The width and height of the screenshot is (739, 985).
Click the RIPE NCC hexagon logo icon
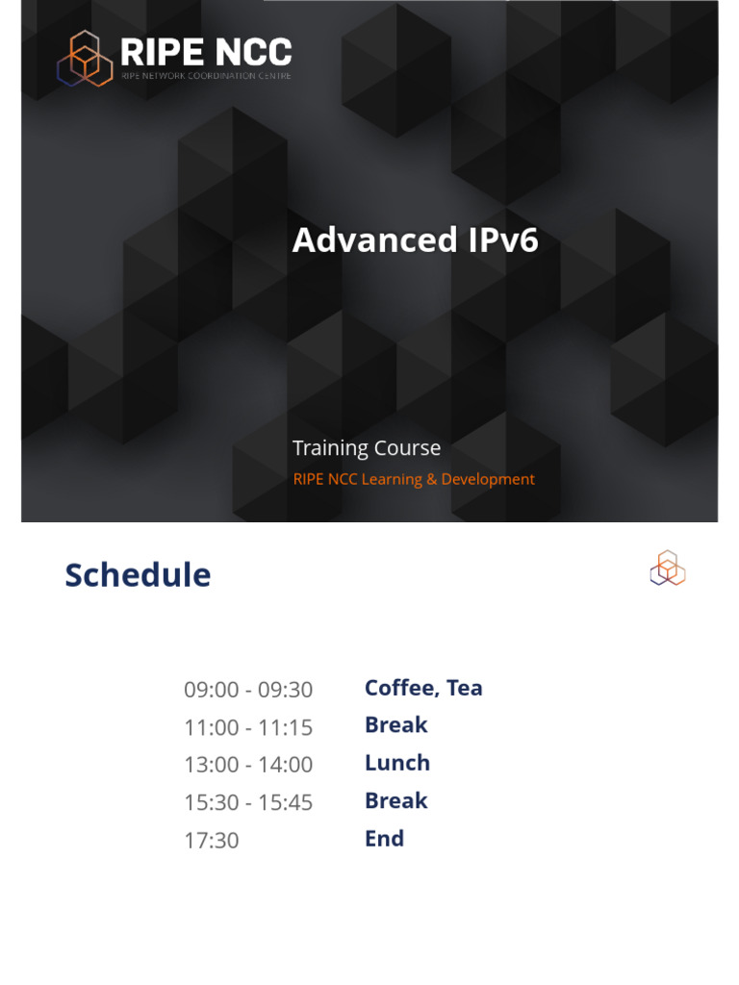85,59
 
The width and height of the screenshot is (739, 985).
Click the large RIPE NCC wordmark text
206,52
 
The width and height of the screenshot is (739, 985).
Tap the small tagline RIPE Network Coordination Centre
206,75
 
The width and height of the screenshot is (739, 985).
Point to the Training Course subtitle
367,448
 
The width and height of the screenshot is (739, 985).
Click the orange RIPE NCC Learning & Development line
414,479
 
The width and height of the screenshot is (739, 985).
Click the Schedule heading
138,575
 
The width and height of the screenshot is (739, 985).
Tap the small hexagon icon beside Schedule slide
667,568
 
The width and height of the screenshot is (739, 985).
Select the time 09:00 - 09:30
248,690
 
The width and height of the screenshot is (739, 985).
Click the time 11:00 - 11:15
248,727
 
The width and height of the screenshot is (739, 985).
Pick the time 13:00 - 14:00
248,765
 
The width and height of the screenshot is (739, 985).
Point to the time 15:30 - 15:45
248,802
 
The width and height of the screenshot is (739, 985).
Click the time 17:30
211,841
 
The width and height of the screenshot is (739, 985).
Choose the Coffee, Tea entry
423,688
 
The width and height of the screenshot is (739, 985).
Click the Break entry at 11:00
395,725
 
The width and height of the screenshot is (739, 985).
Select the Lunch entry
397,763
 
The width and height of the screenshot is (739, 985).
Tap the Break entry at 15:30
395,800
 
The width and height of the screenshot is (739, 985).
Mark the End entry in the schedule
384,839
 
